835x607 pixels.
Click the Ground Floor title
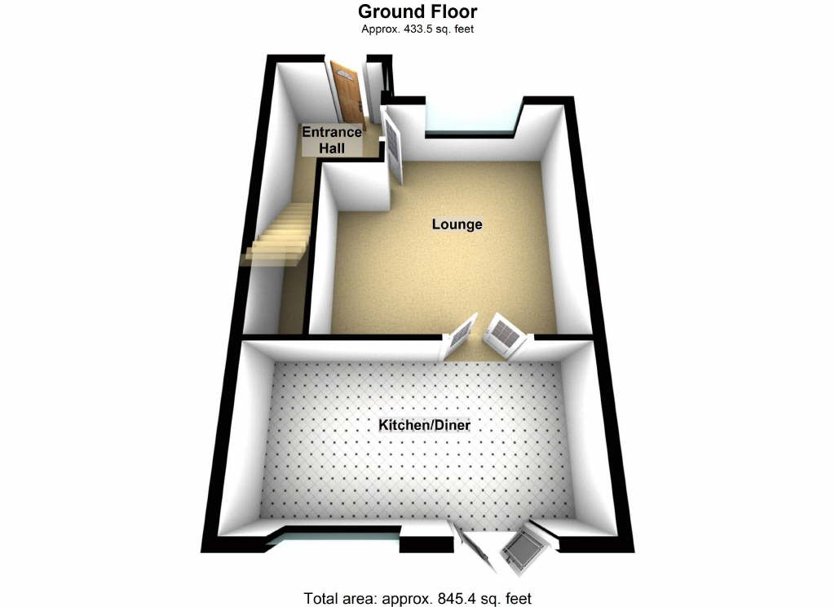tap(417, 11)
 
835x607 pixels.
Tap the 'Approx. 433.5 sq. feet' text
tap(417, 29)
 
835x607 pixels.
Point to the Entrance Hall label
tap(332, 140)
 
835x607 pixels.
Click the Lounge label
tap(457, 224)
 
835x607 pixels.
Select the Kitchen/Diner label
tap(425, 425)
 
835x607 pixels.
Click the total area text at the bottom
tap(417, 597)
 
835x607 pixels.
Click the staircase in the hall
tap(279, 237)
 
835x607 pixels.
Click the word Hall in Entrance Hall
tap(332, 148)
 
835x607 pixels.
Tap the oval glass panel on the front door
tap(343, 78)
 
